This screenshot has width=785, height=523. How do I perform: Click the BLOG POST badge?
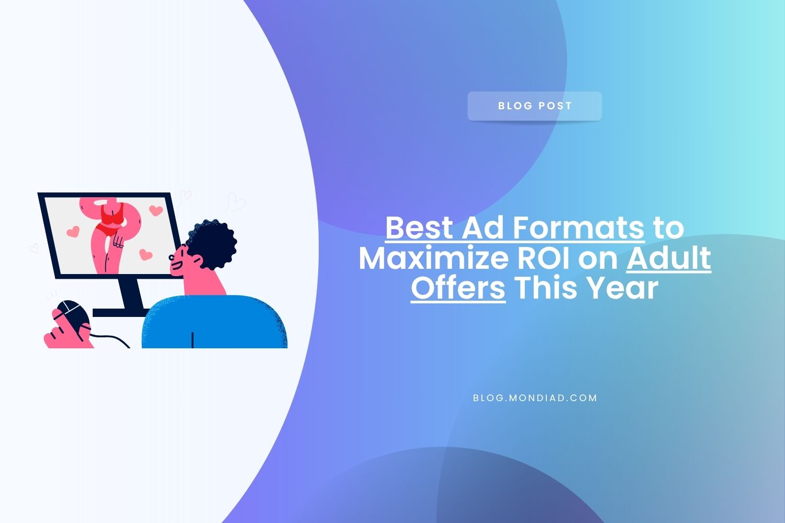(x=534, y=106)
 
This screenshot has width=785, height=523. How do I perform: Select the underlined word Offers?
(x=458, y=288)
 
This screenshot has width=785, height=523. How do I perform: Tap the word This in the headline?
(x=545, y=288)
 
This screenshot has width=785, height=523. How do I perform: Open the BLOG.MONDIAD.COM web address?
(x=535, y=398)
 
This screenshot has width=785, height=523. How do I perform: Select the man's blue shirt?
(x=215, y=322)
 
